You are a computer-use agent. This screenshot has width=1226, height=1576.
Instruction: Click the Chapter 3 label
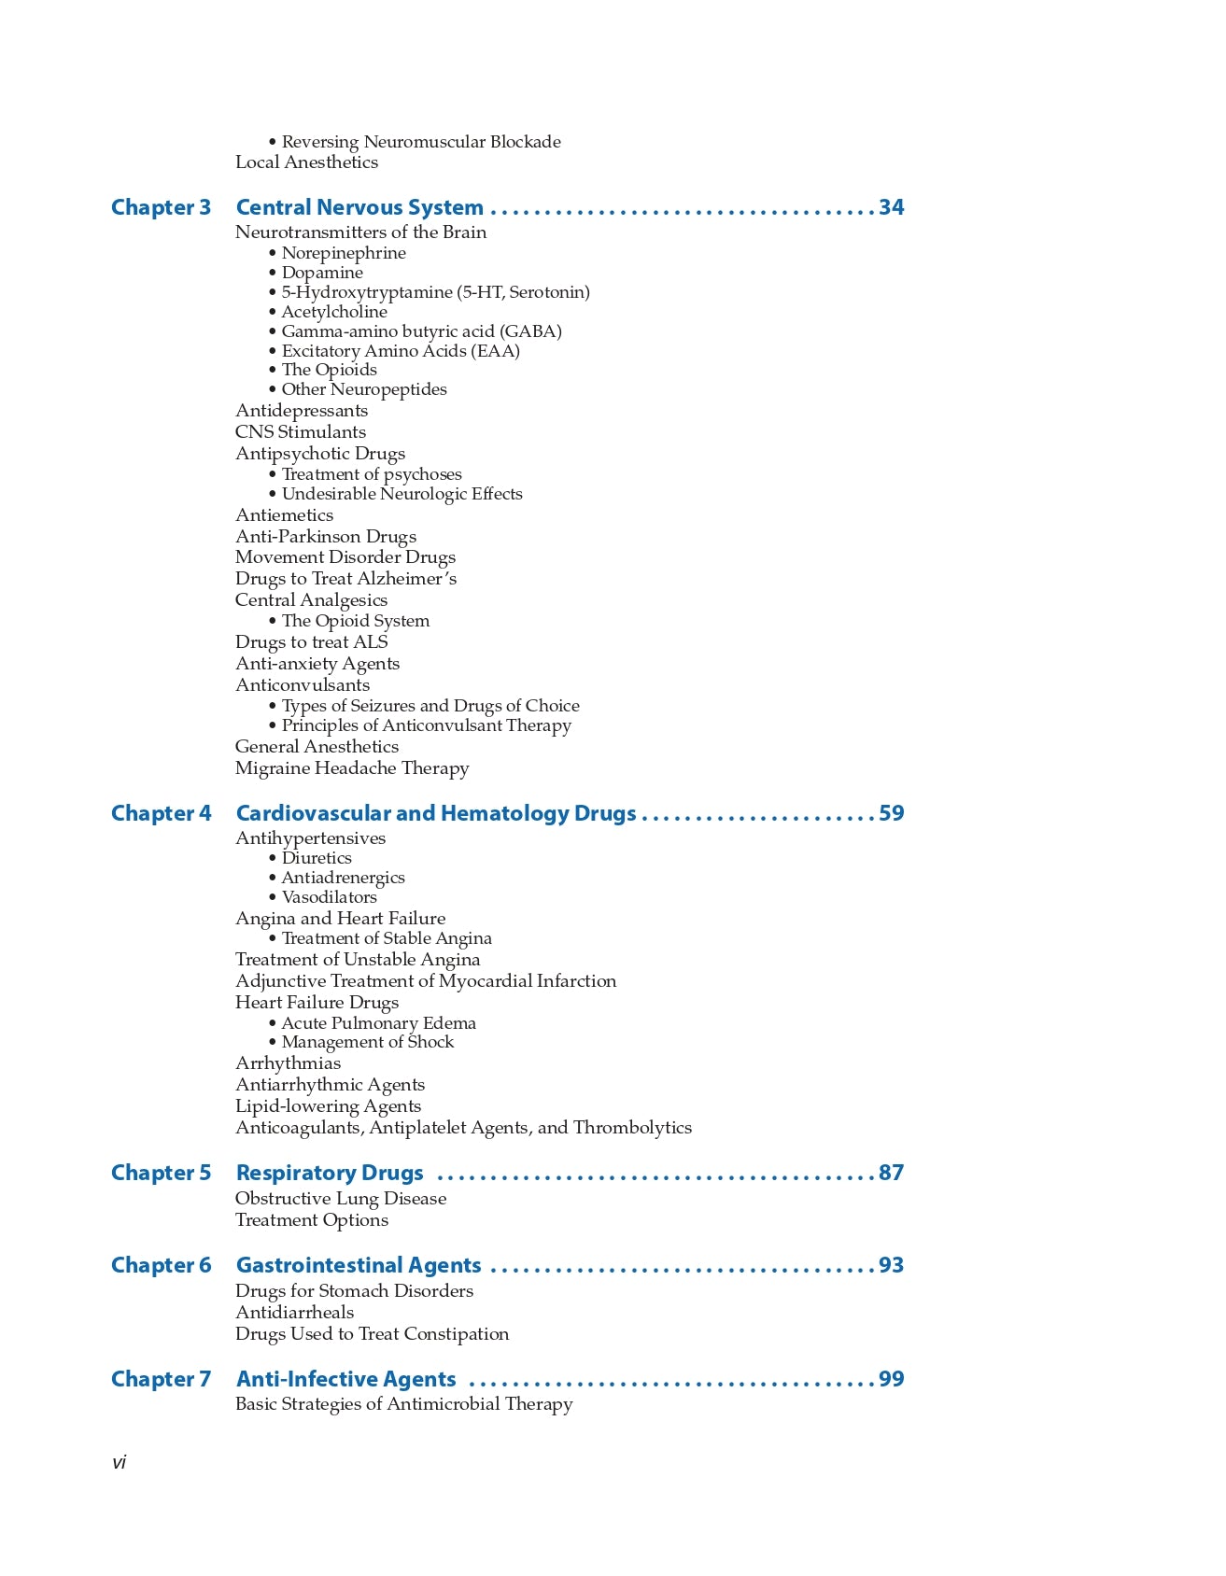pyautogui.click(x=161, y=207)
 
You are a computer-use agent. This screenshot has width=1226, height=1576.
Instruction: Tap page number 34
pyautogui.click(x=891, y=207)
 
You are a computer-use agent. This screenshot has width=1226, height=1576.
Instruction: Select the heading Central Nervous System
pyautogui.click(x=359, y=207)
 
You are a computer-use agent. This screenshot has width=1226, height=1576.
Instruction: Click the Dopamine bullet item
pyautogui.click(x=322, y=273)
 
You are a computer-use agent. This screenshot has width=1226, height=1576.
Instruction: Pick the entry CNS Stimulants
pyautogui.click(x=301, y=432)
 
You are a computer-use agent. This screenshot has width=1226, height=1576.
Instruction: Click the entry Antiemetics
pyautogui.click(x=284, y=515)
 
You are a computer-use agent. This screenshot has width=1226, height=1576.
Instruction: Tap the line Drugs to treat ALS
pyautogui.click(x=311, y=642)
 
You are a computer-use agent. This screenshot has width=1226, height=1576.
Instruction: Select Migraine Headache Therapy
pyautogui.click(x=352, y=768)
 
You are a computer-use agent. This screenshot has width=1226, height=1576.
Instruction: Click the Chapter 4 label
pyautogui.click(x=161, y=813)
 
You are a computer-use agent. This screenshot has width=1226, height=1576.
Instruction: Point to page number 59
pyautogui.click(x=891, y=813)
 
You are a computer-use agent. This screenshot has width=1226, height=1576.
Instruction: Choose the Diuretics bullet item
pyautogui.click(x=317, y=858)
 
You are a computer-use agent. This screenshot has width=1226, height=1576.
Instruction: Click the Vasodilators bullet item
pyautogui.click(x=329, y=897)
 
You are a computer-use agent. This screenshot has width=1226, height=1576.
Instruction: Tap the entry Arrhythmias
pyautogui.click(x=288, y=1063)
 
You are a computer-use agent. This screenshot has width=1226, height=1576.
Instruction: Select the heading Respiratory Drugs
pyautogui.click(x=330, y=1173)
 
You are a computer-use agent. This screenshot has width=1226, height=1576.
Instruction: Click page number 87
pyautogui.click(x=891, y=1173)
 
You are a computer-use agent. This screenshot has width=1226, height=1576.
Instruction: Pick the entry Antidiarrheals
pyautogui.click(x=294, y=1313)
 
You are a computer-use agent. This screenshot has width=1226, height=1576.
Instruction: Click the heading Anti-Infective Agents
pyautogui.click(x=345, y=1379)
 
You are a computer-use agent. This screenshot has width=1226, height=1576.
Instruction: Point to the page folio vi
pyautogui.click(x=119, y=1463)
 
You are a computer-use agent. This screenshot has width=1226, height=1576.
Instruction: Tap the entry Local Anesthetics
pyautogui.click(x=306, y=162)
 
